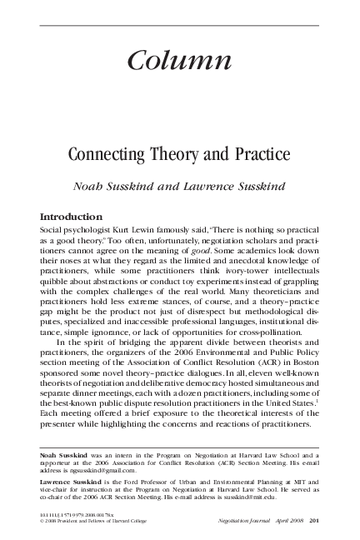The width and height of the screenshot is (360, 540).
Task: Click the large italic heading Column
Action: (180, 60)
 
